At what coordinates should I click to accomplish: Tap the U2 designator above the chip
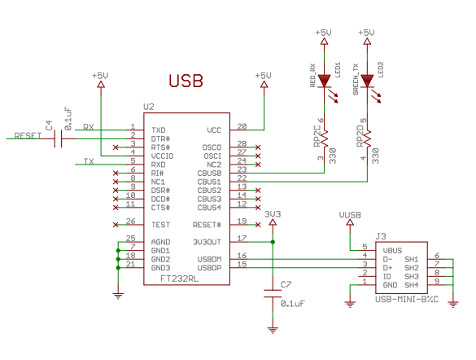click(x=148, y=107)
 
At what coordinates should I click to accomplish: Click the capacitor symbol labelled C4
click(x=59, y=138)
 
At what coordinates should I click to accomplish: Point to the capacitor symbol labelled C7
click(x=273, y=295)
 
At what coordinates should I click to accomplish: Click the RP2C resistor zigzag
click(x=324, y=140)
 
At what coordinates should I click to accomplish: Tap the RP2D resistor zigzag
click(x=367, y=140)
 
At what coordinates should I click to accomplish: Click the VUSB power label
click(x=349, y=216)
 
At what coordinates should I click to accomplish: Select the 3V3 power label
click(x=273, y=214)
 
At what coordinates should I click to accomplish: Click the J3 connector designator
click(x=381, y=235)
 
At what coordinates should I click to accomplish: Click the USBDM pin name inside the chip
click(x=209, y=258)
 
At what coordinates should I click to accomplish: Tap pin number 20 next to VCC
click(x=242, y=127)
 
